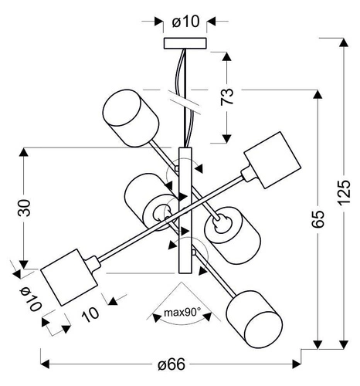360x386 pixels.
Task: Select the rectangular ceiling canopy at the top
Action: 185,42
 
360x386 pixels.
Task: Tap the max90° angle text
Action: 183,313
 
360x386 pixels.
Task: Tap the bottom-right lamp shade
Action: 252,317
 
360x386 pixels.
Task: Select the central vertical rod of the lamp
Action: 185,208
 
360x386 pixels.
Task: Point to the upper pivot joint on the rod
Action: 178,167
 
